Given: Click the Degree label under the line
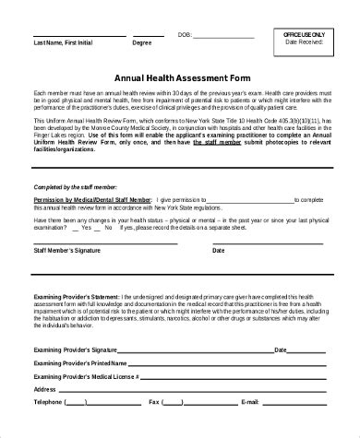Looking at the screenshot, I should (x=142, y=43).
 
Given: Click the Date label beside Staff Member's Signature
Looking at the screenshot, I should (x=219, y=249).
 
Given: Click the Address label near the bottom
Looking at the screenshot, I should (x=46, y=390).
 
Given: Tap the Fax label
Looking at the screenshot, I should (x=153, y=403).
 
